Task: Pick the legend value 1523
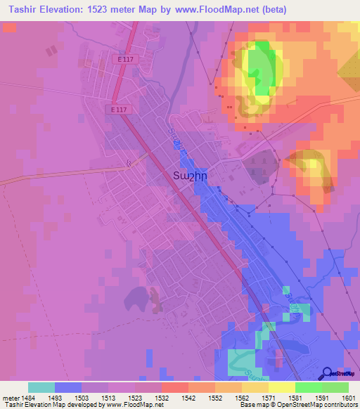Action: point(134,397)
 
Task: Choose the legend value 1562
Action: point(241,397)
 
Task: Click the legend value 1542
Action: point(188,397)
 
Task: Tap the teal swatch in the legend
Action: point(41,387)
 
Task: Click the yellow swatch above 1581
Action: point(281,387)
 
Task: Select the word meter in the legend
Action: point(9,397)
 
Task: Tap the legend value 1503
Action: point(81,397)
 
